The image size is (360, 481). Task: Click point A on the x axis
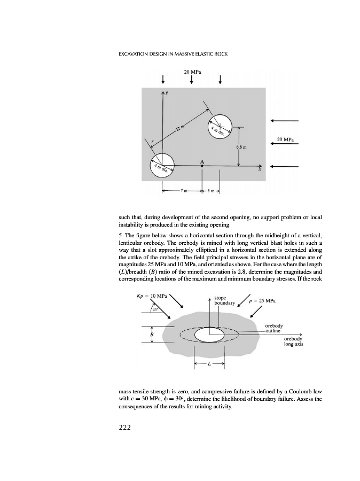pyautogui.click(x=202, y=166)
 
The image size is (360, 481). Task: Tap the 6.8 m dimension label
pyautogui.click(x=241, y=146)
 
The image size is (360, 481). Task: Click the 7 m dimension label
pyautogui.click(x=182, y=190)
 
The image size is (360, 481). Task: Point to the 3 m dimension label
pyautogui.click(x=212, y=190)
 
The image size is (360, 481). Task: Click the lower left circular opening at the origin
pyautogui.click(x=162, y=165)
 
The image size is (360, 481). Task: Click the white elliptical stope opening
pyautogui.click(x=209, y=335)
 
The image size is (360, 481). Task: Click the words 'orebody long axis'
pyautogui.click(x=293, y=342)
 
